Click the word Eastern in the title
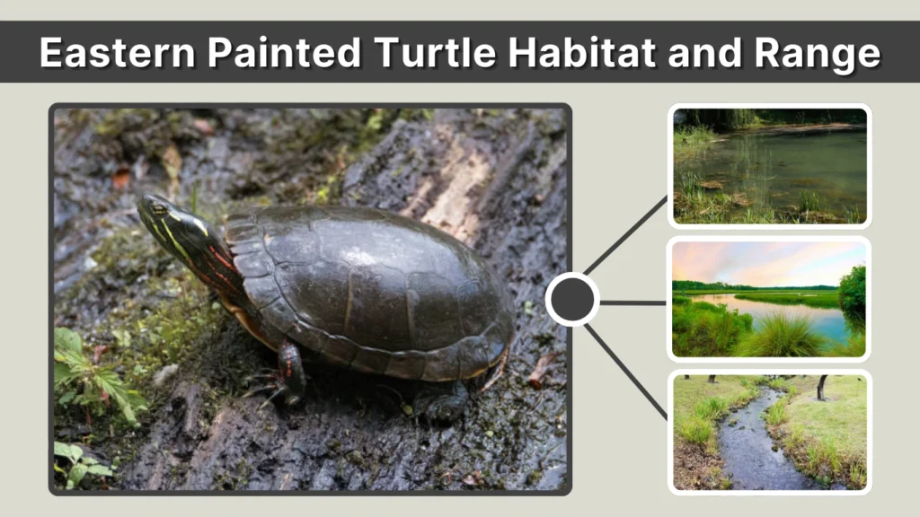pos(115,54)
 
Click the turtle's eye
pos(159,208)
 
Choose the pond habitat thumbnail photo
pos(769,166)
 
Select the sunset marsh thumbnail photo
pos(769,299)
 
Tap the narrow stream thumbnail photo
pos(769,432)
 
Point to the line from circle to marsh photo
pos(633,302)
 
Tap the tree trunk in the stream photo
pos(821,387)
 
